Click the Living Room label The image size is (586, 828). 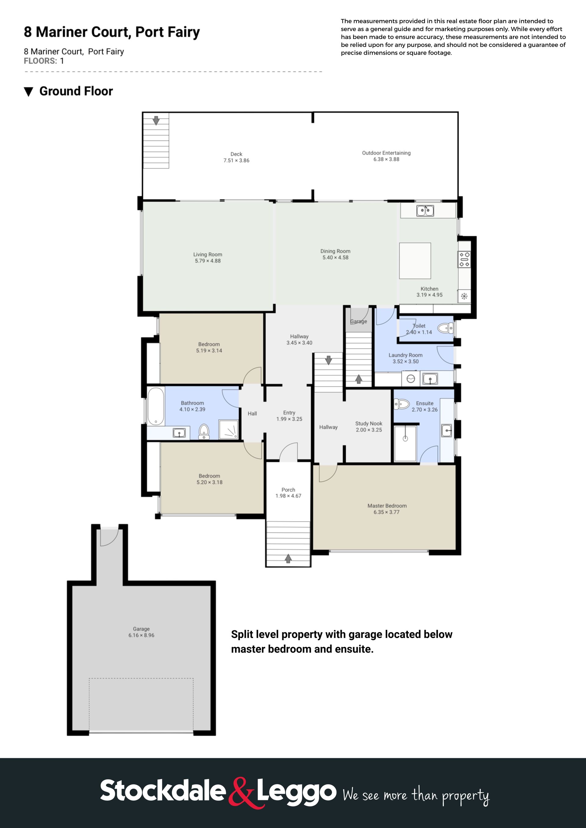[x=208, y=254]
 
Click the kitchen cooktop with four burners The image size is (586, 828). [x=464, y=259]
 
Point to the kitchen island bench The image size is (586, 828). [x=415, y=260]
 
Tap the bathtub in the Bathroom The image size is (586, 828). [x=156, y=406]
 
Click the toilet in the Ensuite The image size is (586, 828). [x=401, y=404]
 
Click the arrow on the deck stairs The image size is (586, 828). [x=156, y=120]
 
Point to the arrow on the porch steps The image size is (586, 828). [x=288, y=558]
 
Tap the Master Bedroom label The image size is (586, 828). [x=387, y=506]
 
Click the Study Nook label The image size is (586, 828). [x=368, y=423]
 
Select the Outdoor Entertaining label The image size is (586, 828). [x=386, y=153]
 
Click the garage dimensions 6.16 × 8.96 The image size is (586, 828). [x=141, y=635]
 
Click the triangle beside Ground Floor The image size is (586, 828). [x=28, y=91]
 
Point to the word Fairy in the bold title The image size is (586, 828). [x=184, y=32]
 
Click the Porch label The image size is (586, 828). [x=288, y=490]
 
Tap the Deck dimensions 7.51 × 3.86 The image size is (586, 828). [x=236, y=160]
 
